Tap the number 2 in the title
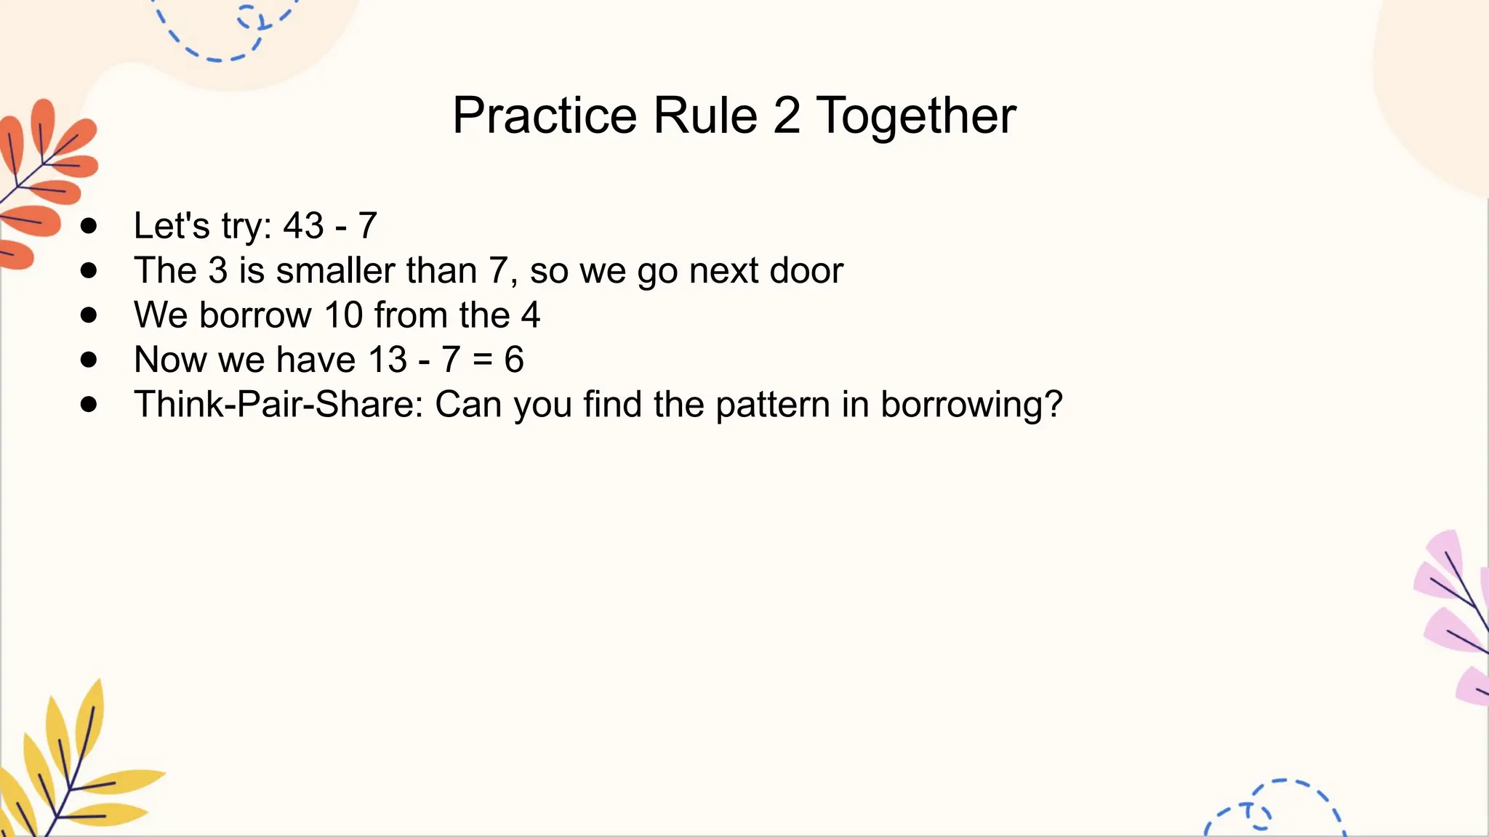[787, 116]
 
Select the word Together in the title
[916, 116]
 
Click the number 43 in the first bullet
[303, 226]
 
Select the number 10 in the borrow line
[343, 315]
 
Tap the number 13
[388, 360]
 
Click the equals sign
[482, 360]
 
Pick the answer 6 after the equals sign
[514, 360]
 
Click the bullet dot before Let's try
[89, 226]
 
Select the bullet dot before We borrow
[89, 315]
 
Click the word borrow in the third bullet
[255, 315]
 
